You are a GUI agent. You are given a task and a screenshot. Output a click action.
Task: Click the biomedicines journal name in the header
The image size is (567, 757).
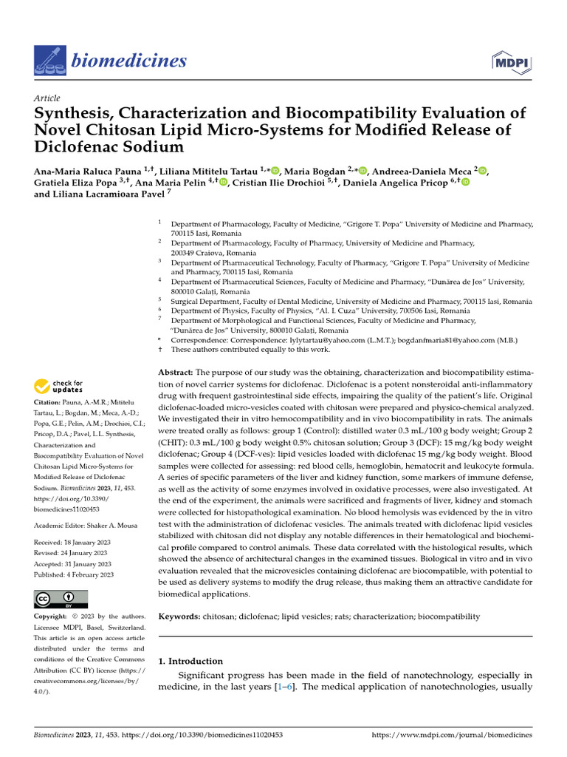click(128, 61)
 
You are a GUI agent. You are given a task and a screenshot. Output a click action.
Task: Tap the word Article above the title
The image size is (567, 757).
click(47, 98)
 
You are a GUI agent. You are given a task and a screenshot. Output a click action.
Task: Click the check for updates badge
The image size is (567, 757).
click(59, 385)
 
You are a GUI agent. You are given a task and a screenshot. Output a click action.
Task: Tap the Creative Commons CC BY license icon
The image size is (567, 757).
click(61, 599)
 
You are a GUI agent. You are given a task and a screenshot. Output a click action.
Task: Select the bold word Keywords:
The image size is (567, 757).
click(180, 617)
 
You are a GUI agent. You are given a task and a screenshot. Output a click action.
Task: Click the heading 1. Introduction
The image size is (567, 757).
click(190, 661)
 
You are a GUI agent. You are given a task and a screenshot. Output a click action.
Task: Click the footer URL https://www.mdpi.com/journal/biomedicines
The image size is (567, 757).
click(452, 736)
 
